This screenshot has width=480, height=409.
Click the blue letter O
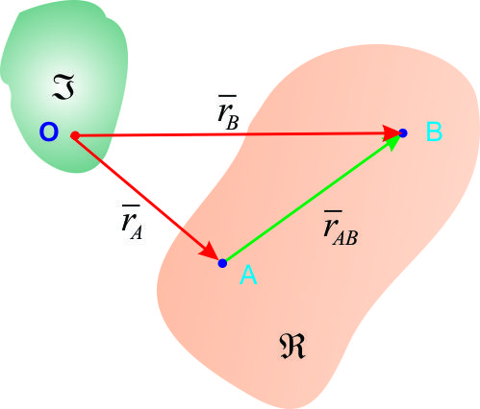coord(49,132)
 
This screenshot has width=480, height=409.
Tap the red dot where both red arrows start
coord(75,135)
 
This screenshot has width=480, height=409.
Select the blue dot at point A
coord(222,263)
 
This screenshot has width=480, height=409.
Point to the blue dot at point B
coord(403,133)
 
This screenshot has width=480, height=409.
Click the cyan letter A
coord(248,275)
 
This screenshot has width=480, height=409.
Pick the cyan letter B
coord(434,132)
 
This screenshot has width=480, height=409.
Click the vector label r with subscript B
coord(228,112)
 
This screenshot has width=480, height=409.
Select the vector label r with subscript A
coord(132,222)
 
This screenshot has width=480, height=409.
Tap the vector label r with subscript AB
coord(341,228)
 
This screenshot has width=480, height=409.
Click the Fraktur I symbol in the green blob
coord(63,86)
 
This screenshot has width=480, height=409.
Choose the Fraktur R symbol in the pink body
coord(291,347)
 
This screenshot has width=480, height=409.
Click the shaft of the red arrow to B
coord(231,134)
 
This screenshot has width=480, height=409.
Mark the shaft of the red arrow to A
coord(141,193)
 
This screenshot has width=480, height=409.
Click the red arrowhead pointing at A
coord(211,250)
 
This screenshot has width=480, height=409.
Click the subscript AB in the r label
coord(345,238)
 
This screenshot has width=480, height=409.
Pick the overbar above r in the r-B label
coord(227,96)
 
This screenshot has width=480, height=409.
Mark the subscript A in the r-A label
coord(137,232)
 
